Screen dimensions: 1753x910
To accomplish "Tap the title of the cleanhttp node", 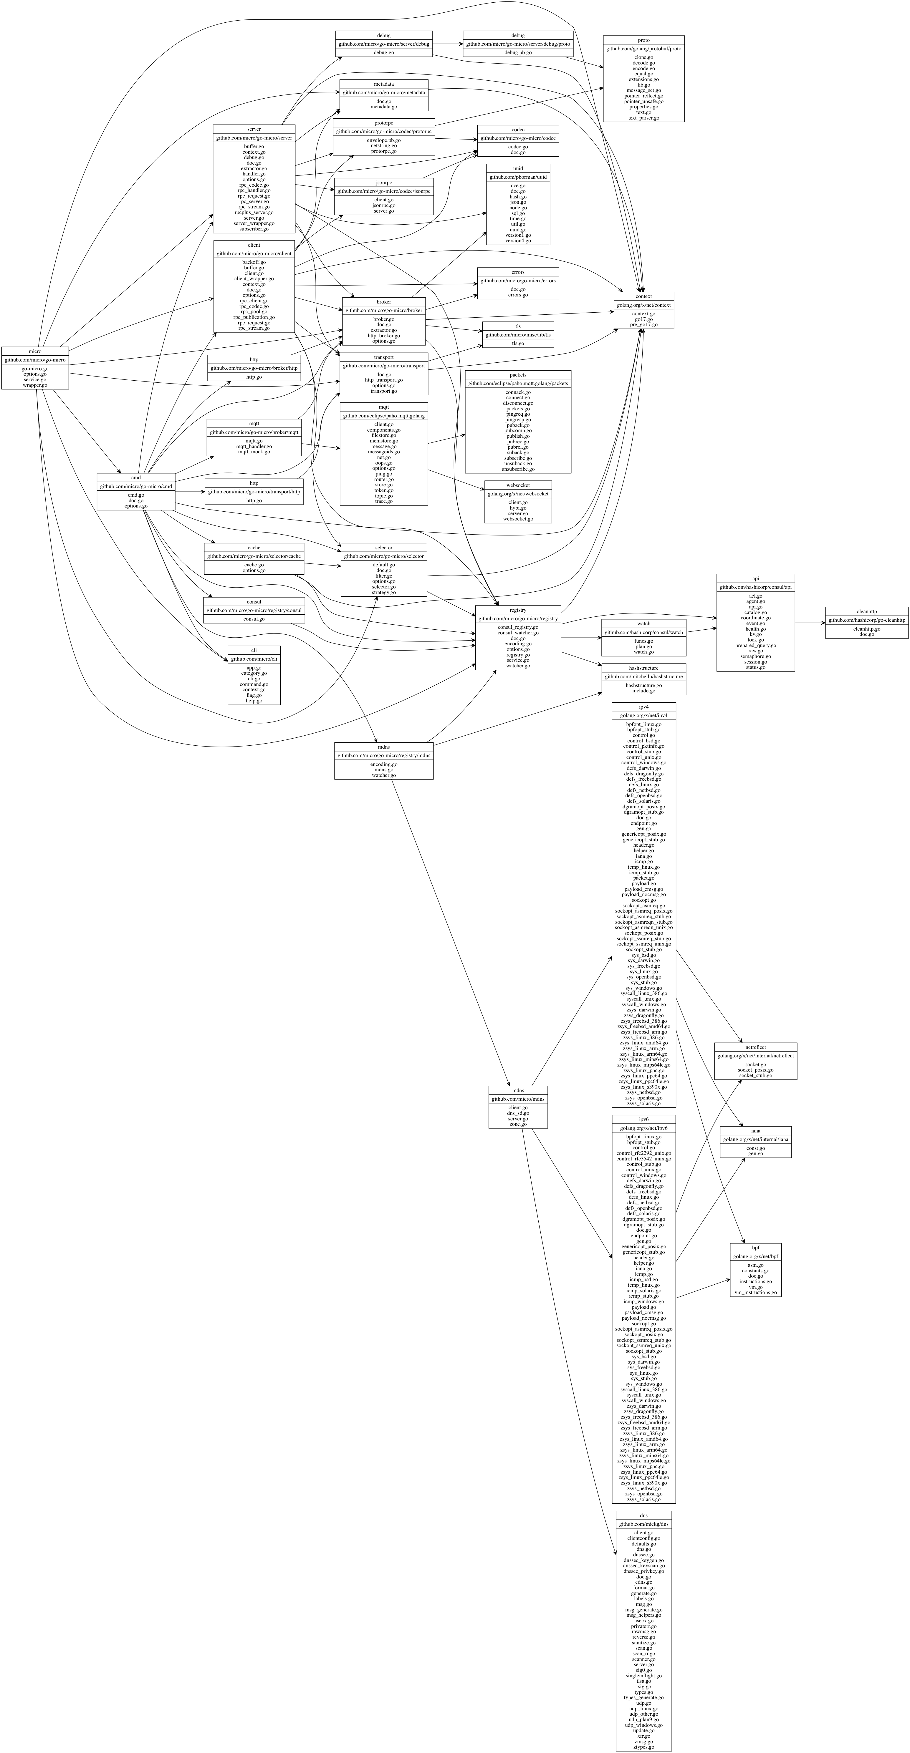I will click(x=866, y=612).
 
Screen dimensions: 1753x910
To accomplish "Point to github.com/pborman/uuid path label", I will click(x=518, y=177).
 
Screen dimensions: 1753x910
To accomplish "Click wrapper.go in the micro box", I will click(x=35, y=385).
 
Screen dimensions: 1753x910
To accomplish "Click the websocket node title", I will click(x=518, y=485).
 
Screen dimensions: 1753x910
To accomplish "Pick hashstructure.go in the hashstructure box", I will click(x=643, y=685).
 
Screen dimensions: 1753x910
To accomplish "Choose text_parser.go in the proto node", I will click(x=643, y=118).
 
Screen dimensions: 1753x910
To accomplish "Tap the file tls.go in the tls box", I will click(x=518, y=344).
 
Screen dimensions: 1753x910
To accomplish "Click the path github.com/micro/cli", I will click(x=254, y=659).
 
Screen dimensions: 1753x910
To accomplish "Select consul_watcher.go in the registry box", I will click(x=518, y=633).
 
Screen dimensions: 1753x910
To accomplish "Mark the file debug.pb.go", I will click(x=518, y=52).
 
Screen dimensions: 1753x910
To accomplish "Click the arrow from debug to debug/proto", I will click(x=447, y=44).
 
